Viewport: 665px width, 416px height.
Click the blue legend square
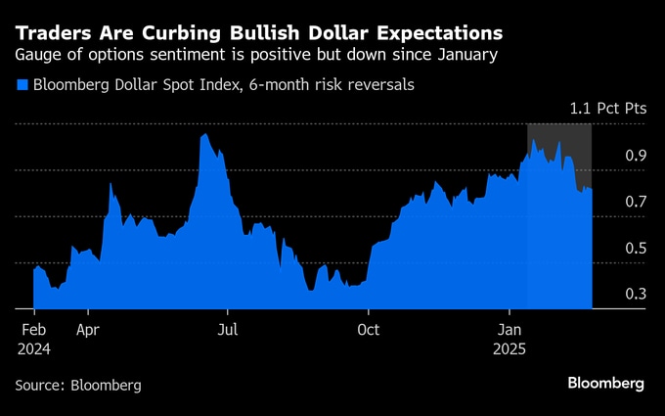(22, 85)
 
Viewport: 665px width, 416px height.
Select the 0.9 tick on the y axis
(637, 156)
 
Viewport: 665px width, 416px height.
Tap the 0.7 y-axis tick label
(637, 202)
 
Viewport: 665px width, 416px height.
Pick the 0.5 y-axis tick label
(637, 249)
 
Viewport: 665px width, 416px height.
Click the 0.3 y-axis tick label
(637, 294)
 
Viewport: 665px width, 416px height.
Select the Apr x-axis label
(88, 330)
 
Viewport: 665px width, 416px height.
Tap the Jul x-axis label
(227, 330)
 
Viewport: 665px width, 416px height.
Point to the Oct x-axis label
(369, 330)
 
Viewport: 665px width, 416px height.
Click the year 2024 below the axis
(33, 348)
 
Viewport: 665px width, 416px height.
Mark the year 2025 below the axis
(510, 348)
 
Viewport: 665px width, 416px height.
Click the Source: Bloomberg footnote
(78, 386)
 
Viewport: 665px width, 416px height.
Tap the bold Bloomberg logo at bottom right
(605, 383)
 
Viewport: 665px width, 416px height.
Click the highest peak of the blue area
(203, 135)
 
